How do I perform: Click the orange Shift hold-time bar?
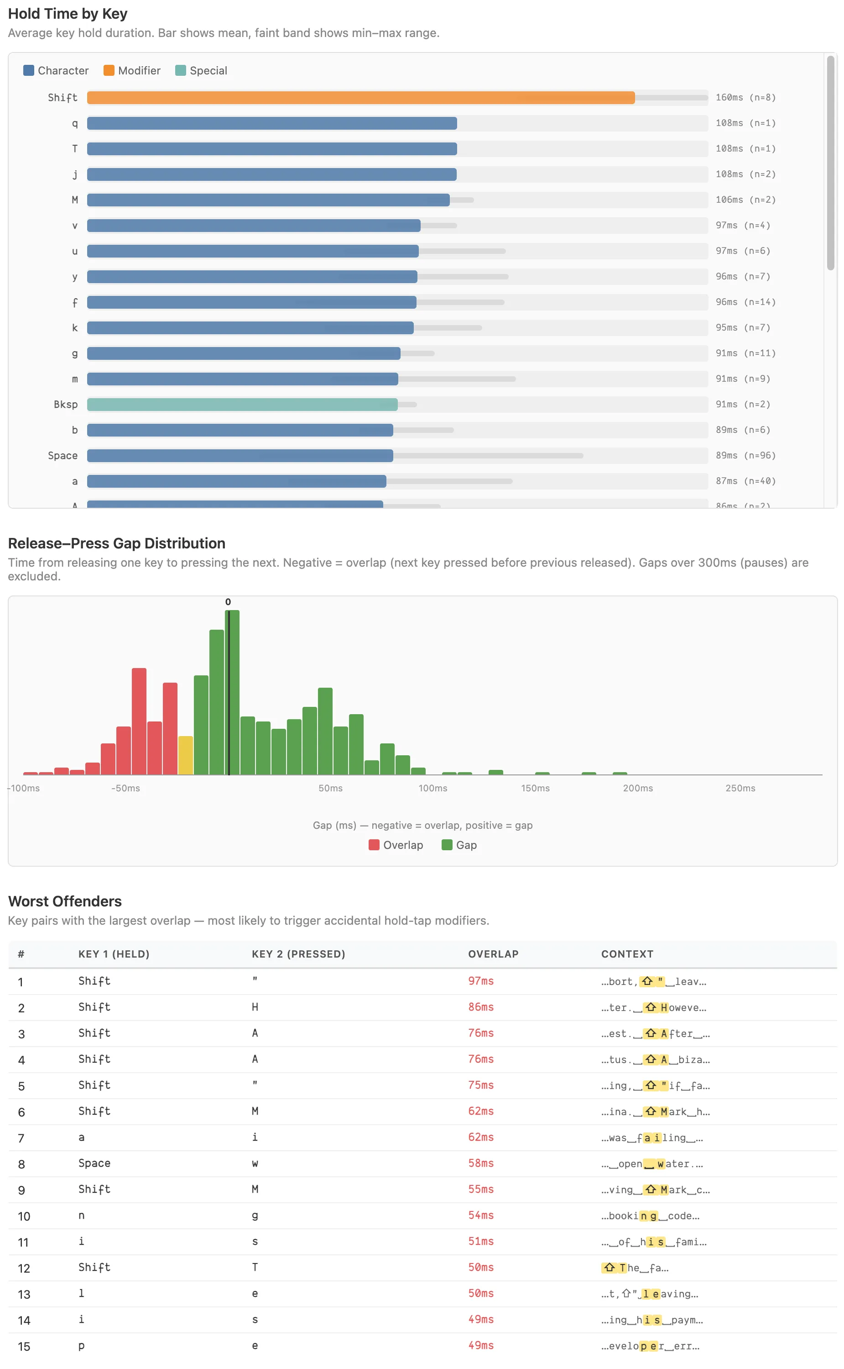click(360, 98)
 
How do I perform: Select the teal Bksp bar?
click(242, 405)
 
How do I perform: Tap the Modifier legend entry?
click(132, 70)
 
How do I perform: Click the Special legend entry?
click(202, 70)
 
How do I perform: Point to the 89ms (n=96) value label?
click(745, 455)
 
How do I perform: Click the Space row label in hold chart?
click(63, 456)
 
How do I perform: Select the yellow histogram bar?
click(185, 755)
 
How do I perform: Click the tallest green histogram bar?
click(232, 693)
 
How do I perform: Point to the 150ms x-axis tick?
click(535, 788)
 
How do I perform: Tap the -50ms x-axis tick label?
click(125, 788)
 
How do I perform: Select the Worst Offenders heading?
click(65, 901)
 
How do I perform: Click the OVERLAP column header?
click(493, 954)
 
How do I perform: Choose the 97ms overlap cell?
click(480, 981)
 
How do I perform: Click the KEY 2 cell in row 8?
click(255, 1164)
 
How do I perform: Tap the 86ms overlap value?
click(480, 1007)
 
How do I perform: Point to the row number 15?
click(24, 1346)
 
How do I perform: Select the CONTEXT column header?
click(627, 954)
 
